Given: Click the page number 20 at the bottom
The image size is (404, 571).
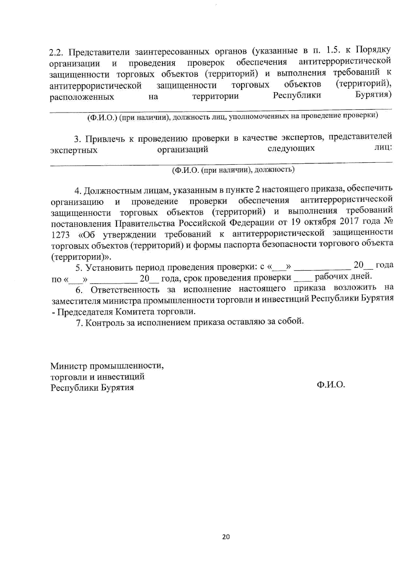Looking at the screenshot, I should pos(226,537).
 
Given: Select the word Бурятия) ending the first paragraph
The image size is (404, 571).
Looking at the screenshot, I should pos(373,95).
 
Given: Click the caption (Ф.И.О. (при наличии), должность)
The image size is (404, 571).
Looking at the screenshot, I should pos(233,170).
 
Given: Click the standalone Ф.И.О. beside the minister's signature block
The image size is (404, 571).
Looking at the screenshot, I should pos(331,385).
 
